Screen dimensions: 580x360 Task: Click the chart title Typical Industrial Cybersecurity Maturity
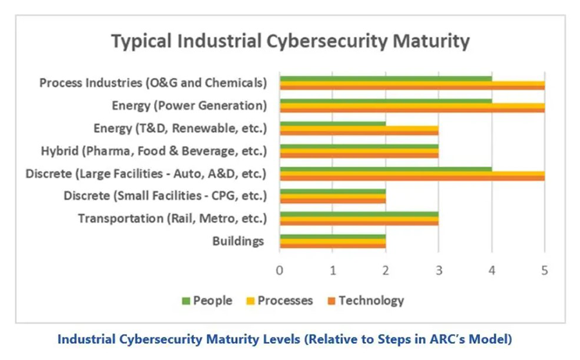click(291, 41)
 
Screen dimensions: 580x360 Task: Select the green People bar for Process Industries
click(386, 79)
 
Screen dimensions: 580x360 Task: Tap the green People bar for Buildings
click(333, 236)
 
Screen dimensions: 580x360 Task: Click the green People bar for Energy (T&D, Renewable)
click(333, 124)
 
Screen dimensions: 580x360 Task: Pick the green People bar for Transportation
click(359, 214)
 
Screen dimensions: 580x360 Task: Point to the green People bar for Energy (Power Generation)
click(386, 101)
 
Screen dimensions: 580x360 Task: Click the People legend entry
click(207, 301)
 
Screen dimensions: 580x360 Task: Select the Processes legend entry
click(280, 301)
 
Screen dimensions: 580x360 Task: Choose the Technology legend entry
click(366, 301)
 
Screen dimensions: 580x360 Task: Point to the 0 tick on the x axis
click(280, 270)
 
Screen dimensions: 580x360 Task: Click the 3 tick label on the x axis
click(439, 270)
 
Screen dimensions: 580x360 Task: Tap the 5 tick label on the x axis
click(545, 270)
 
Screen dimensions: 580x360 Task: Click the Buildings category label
click(238, 242)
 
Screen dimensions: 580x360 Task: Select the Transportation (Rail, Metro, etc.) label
click(172, 218)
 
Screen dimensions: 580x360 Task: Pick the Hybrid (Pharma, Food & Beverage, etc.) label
click(154, 151)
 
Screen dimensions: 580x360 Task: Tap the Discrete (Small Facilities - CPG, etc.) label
click(165, 196)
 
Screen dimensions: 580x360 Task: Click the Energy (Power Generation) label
click(189, 106)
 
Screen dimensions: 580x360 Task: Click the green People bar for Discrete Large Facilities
click(386, 169)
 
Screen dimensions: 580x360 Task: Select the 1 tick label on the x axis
click(333, 270)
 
